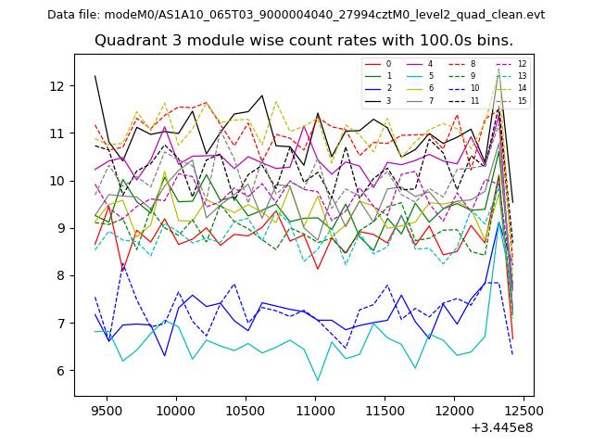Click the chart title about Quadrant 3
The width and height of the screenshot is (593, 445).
pyautogui.click(x=304, y=41)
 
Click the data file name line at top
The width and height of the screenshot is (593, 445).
pyautogui.click(x=296, y=14)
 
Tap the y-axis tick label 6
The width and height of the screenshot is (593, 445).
pyautogui.click(x=61, y=371)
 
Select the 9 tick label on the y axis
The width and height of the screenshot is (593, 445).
pyautogui.click(x=61, y=228)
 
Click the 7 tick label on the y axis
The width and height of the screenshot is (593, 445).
pyautogui.click(x=61, y=324)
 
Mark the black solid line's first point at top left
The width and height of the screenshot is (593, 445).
pyautogui.click(x=95, y=76)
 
